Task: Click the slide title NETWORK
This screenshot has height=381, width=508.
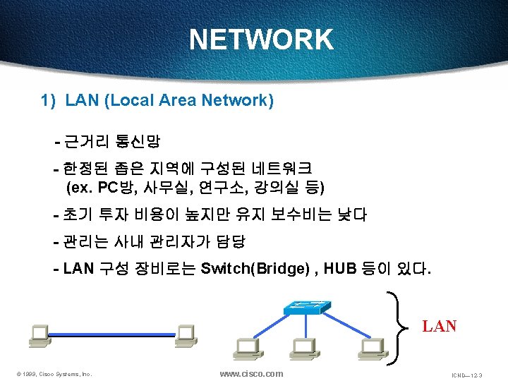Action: [x=261, y=40]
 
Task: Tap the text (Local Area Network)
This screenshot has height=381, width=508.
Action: [x=189, y=101]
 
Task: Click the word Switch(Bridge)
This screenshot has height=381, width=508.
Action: [x=254, y=269]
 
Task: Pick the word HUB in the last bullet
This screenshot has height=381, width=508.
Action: [x=343, y=269]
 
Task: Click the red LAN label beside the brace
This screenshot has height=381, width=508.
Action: [x=439, y=327]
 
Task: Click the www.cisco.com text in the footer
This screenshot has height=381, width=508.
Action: [x=251, y=373]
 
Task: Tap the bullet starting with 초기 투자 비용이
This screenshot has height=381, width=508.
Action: [x=210, y=214]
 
